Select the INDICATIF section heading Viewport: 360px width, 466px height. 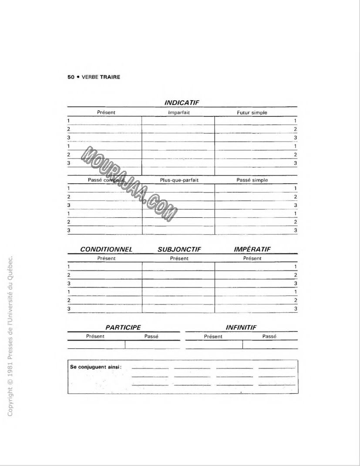tap(182, 103)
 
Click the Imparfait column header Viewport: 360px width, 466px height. tap(179, 113)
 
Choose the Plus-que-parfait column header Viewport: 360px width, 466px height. tap(179, 180)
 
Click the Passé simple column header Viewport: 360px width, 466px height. tap(252, 180)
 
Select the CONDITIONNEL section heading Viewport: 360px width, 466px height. tap(106, 250)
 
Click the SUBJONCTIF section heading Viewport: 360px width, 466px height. tap(179, 250)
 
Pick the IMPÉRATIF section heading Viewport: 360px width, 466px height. tap(252, 250)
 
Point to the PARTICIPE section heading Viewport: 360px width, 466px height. tap(123, 327)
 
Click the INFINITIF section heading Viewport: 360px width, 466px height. tap(241, 327)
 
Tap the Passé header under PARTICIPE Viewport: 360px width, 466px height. tap(151, 336)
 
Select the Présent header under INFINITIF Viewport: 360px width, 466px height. tap(213, 336)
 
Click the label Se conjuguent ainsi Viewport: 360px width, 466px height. tap(96, 367)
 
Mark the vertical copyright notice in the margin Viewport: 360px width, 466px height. tap(12, 335)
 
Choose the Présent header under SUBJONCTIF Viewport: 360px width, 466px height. tap(179, 258)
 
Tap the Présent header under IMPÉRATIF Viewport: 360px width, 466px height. tap(252, 258)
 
